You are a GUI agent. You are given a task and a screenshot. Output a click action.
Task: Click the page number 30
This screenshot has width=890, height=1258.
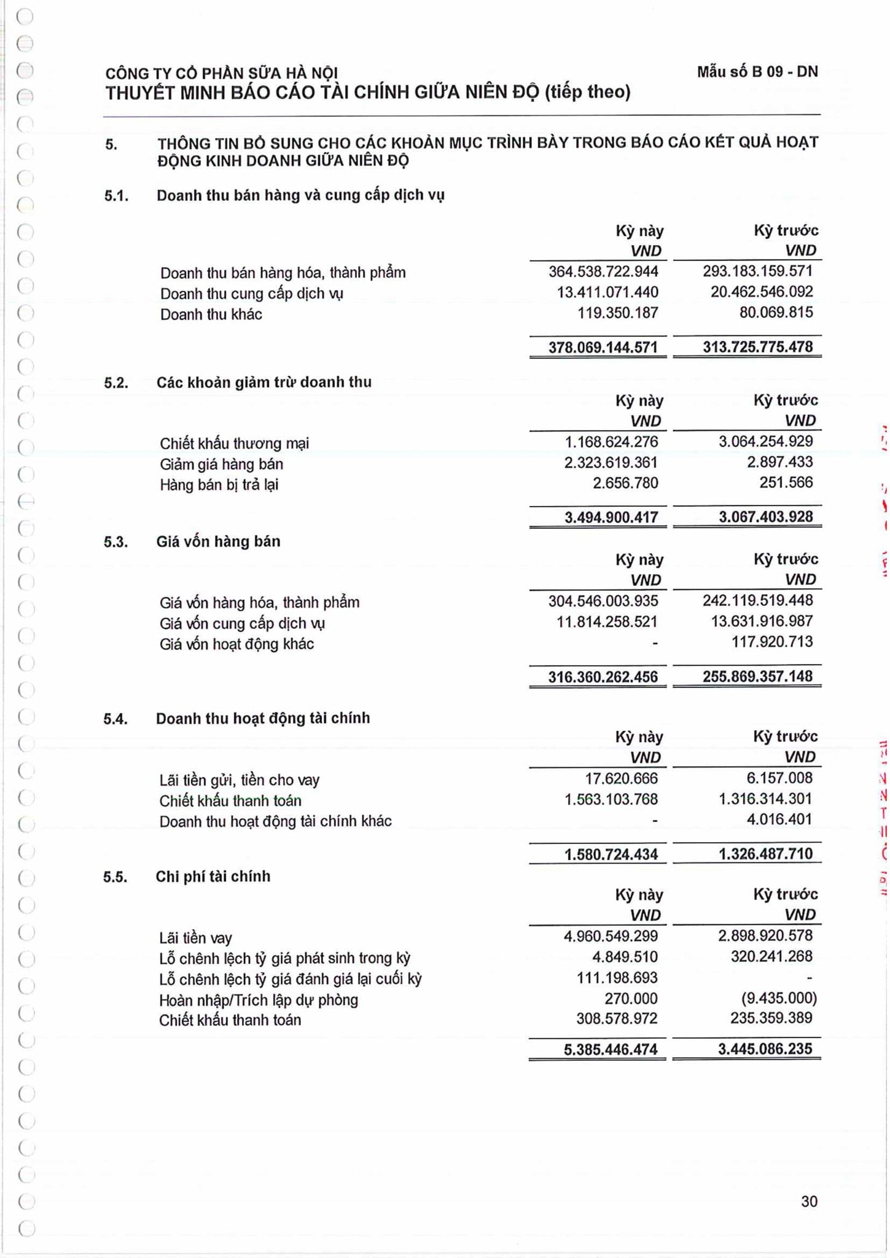(809, 1201)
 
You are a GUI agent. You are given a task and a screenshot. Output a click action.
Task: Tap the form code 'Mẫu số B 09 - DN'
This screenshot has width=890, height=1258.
(757, 72)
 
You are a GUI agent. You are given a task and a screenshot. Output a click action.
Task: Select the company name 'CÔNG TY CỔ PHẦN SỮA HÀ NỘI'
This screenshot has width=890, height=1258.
(222, 73)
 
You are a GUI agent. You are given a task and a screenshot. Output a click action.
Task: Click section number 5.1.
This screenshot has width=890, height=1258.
(116, 196)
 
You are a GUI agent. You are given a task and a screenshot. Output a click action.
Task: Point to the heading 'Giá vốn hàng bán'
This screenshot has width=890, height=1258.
(218, 542)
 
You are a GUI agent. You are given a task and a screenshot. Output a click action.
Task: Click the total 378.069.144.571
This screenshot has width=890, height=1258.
(603, 348)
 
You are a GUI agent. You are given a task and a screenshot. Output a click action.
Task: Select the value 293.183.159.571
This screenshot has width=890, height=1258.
(757, 272)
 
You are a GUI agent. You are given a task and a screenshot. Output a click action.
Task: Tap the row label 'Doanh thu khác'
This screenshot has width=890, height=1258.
(211, 314)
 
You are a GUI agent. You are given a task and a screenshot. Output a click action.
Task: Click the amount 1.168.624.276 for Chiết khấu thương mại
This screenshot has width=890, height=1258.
(611, 442)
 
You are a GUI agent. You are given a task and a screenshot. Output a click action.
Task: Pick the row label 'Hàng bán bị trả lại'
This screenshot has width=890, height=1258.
(219, 485)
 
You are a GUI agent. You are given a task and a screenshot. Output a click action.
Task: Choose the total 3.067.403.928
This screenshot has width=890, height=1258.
(765, 517)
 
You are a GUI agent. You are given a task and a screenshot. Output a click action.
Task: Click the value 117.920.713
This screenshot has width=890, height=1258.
(771, 642)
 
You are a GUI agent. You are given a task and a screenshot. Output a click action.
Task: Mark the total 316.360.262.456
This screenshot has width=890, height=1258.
(603, 677)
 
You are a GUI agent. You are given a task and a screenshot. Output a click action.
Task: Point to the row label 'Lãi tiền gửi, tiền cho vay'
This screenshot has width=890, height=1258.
(239, 780)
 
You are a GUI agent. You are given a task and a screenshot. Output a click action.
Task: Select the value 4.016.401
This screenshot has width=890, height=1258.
(779, 819)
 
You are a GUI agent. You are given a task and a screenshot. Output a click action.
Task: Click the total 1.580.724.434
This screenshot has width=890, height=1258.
(611, 854)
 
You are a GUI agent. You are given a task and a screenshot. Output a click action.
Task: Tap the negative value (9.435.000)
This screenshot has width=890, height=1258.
(779, 998)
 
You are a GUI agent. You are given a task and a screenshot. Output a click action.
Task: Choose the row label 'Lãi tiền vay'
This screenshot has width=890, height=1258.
(195, 938)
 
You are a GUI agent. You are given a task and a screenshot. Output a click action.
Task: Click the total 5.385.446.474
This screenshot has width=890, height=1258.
(611, 1049)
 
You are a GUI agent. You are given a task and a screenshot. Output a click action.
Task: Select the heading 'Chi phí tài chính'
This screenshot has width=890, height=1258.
(213, 877)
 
